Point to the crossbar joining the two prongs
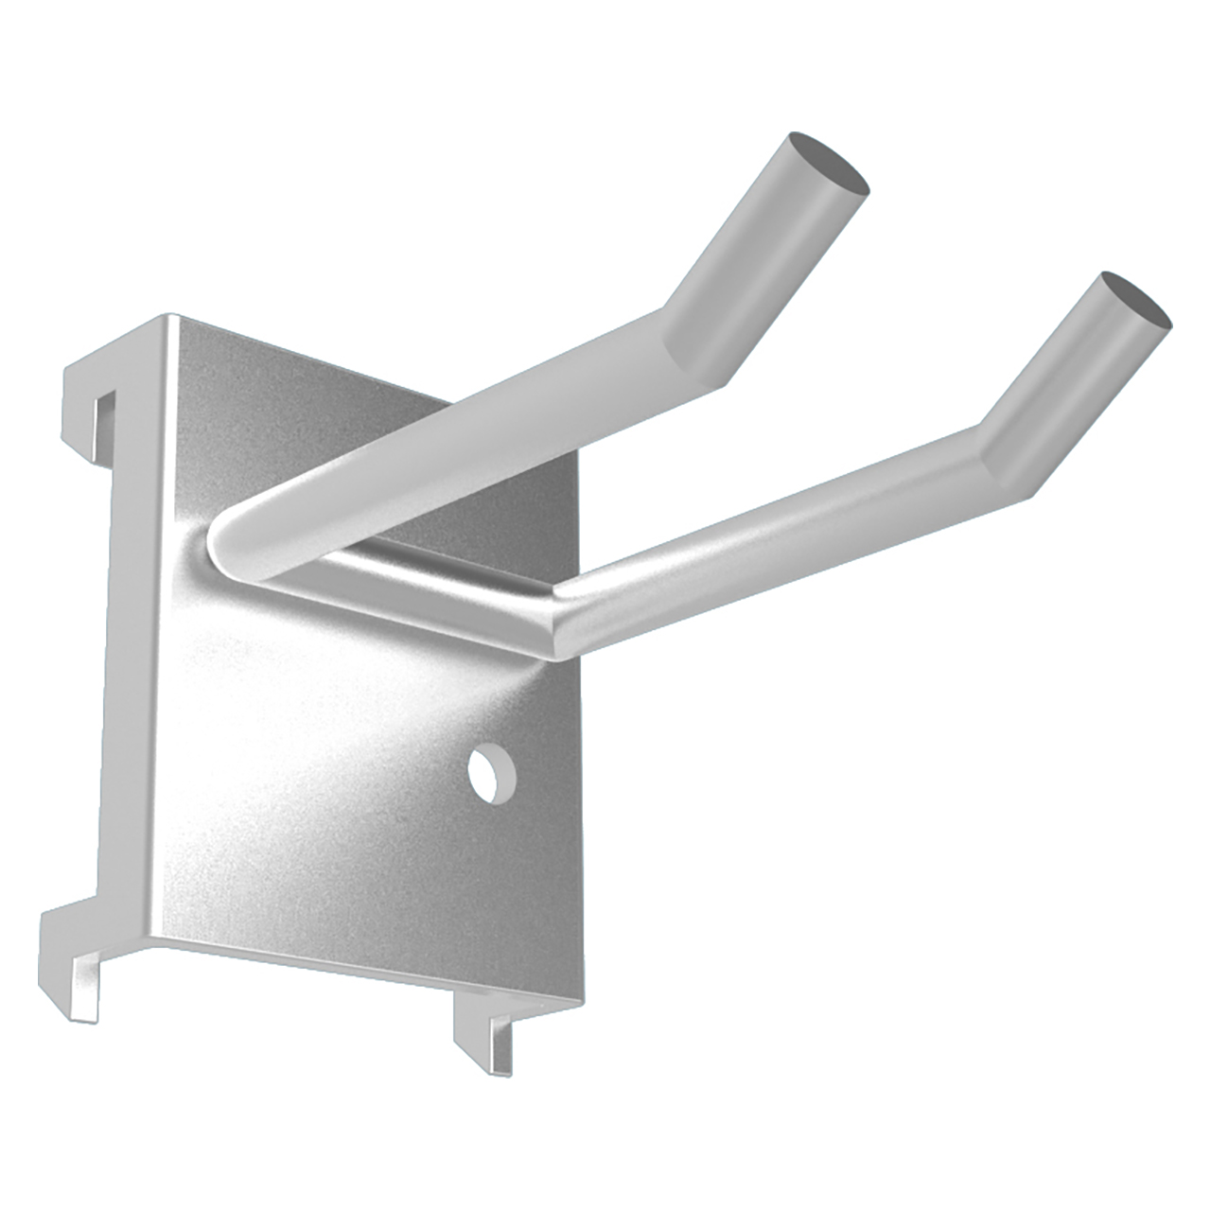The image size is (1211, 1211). pos(407,587)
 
